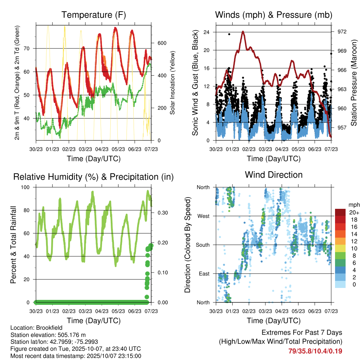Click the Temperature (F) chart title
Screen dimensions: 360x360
[94, 15]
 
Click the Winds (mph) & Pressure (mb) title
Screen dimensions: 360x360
[274, 15]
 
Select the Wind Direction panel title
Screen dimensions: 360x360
[274, 175]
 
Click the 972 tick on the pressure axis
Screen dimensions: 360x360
[342, 32]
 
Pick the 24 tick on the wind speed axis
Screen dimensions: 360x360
[206, 32]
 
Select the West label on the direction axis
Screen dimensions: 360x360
[203, 216]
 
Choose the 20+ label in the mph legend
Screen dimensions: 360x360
[354, 212]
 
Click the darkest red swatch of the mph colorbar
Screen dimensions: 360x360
[340, 212]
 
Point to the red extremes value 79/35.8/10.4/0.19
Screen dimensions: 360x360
[315, 351]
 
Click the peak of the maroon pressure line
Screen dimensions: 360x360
[243, 31]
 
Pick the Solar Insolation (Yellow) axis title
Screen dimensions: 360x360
[173, 83]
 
